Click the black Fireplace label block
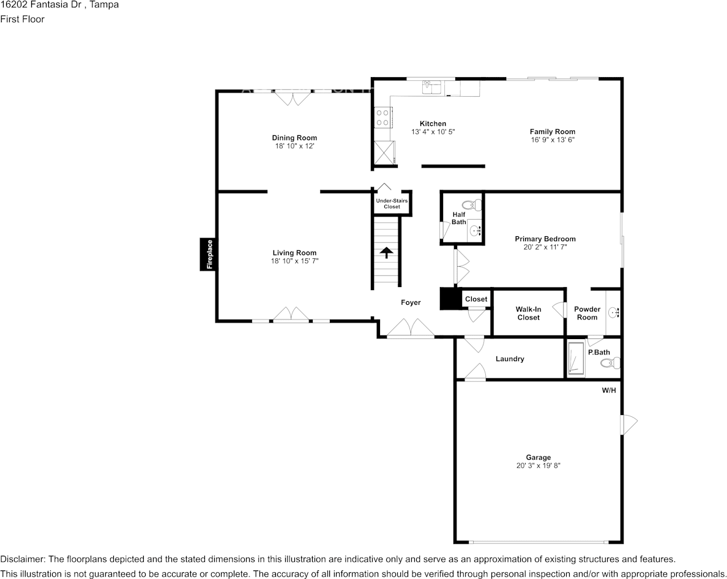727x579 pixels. [209, 254]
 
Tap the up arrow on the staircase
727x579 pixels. [386, 253]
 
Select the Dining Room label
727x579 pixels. [294, 138]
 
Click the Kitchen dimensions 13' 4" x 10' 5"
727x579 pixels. [433, 132]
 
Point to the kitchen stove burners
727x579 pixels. [383, 118]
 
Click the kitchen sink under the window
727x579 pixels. [431, 88]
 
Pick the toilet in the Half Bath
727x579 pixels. [472, 205]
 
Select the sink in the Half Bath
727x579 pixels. [475, 231]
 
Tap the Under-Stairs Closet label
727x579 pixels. [392, 204]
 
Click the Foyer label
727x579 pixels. [411, 302]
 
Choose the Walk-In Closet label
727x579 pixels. [528, 313]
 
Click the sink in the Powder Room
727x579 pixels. [614, 313]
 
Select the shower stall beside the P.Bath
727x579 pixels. [575, 358]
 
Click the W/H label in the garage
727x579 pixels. [608, 390]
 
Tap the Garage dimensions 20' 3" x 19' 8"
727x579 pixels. [538, 466]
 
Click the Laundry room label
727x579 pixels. [510, 359]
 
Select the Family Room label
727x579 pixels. [552, 132]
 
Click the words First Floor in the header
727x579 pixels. [23, 19]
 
